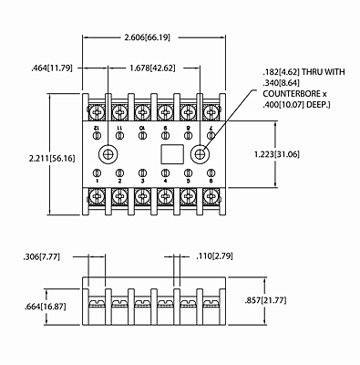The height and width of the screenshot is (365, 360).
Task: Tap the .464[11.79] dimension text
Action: pos(51,67)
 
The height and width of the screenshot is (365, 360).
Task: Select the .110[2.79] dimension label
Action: pos(222,258)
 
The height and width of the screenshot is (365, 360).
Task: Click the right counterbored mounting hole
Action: pos(200,152)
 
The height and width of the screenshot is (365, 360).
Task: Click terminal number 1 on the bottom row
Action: pos(96,182)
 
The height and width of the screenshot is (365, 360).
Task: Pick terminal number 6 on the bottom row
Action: pos(212,182)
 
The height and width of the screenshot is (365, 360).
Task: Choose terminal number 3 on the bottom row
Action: pos(142,182)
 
